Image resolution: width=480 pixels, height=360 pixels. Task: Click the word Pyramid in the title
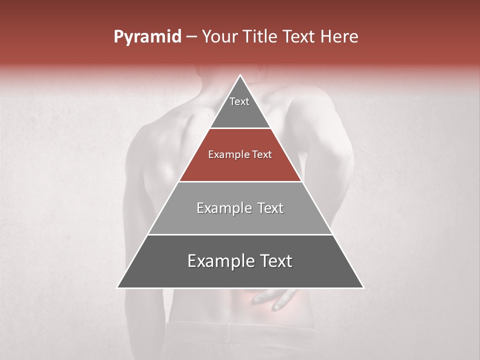tap(147, 37)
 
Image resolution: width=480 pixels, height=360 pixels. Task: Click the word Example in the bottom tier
tap(218, 261)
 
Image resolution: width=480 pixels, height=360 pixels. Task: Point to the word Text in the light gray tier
tap(267, 208)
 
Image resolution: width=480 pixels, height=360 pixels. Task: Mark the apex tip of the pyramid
tap(240, 76)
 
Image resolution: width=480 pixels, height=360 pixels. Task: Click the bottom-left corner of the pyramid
tap(118, 287)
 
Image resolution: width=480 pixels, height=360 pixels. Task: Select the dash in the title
tap(191, 37)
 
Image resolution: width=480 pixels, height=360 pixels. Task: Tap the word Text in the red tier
tap(261, 155)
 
